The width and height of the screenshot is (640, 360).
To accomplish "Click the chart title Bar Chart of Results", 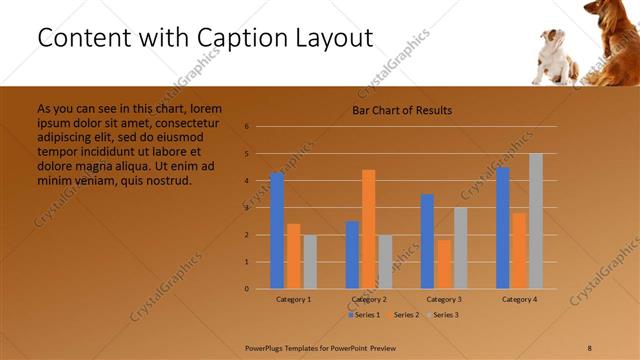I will (402, 110).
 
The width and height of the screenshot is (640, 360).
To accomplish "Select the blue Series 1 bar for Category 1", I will (277, 230).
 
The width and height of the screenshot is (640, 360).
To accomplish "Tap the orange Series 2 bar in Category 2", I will (369, 229).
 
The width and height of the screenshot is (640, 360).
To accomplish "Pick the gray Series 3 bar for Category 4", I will (536, 221).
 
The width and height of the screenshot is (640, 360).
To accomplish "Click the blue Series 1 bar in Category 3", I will (427, 241).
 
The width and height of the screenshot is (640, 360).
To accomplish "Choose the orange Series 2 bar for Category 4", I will (519, 250).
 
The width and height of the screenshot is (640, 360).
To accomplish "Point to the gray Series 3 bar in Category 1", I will (310, 261).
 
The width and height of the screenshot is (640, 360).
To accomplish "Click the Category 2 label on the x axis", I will (369, 299).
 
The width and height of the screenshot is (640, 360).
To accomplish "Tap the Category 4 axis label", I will (519, 299).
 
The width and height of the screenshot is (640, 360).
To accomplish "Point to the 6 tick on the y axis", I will (260, 127).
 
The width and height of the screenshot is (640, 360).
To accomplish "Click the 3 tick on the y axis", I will (260, 208).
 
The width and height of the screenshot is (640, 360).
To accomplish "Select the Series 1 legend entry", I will (366, 315).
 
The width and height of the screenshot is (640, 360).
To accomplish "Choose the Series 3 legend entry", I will (443, 315).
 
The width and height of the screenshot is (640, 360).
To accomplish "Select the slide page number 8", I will (590, 347).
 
